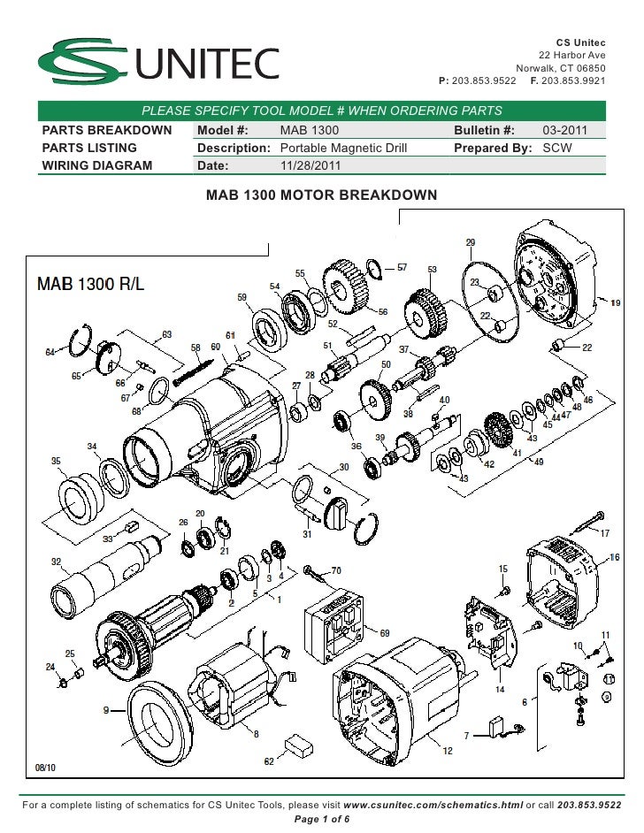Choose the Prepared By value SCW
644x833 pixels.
coord(557,148)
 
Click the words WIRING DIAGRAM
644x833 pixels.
coord(97,165)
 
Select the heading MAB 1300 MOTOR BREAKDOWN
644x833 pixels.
coord(321,194)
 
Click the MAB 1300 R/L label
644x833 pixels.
coord(92,285)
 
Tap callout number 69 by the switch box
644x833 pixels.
coord(384,633)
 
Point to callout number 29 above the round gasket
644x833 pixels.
coord(471,242)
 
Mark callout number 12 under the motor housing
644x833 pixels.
coord(448,751)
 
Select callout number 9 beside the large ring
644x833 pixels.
coord(107,709)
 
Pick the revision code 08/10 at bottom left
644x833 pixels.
coord(44,768)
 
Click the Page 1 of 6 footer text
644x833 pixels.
coord(321,818)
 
